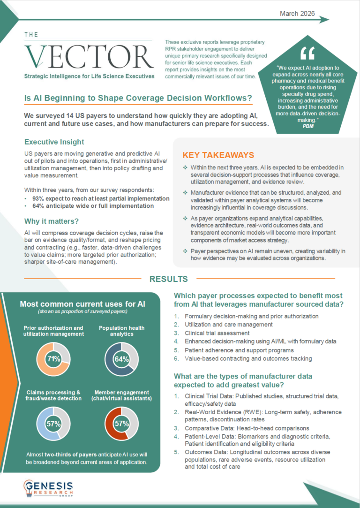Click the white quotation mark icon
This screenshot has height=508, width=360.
point(307,53)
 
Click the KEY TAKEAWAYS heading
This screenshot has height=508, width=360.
point(218,155)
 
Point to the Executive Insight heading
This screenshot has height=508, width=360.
point(54,142)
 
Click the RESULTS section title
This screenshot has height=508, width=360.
point(169,279)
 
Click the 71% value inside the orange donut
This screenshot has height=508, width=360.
point(53,359)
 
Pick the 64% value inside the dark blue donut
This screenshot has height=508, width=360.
point(121,359)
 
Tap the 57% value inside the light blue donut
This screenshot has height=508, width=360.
point(53,424)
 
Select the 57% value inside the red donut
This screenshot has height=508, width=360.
point(121,424)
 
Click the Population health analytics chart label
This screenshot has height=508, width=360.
point(121,331)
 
